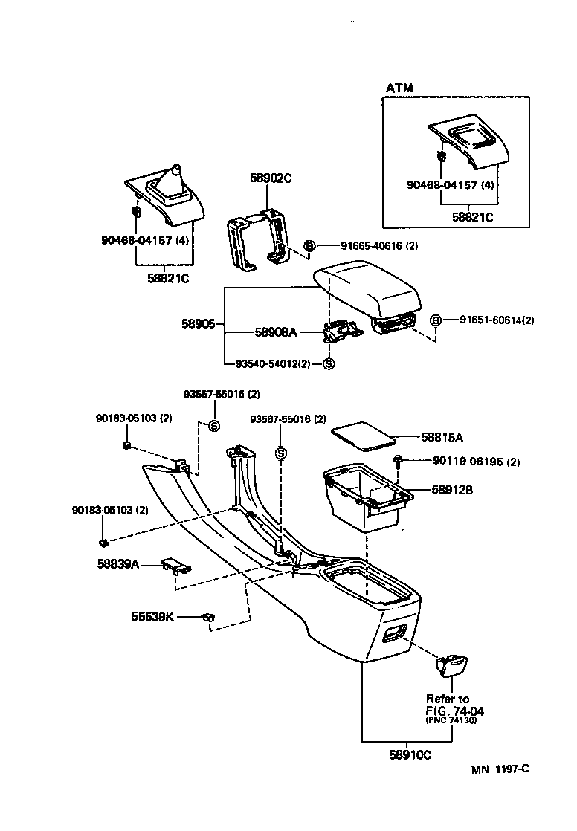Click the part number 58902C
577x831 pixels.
coord(270,178)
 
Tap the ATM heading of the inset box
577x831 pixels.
coord(399,88)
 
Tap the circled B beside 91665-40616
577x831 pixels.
coord(310,246)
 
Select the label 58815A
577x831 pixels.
coord(436,436)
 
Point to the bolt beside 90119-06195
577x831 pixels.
coord(399,462)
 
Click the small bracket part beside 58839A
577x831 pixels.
coord(175,566)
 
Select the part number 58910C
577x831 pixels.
coord(410,754)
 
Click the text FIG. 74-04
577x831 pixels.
coord(448,711)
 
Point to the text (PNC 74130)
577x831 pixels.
coord(451,721)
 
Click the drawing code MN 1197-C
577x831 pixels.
coord(500,769)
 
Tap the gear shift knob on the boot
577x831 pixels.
coord(177,172)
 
